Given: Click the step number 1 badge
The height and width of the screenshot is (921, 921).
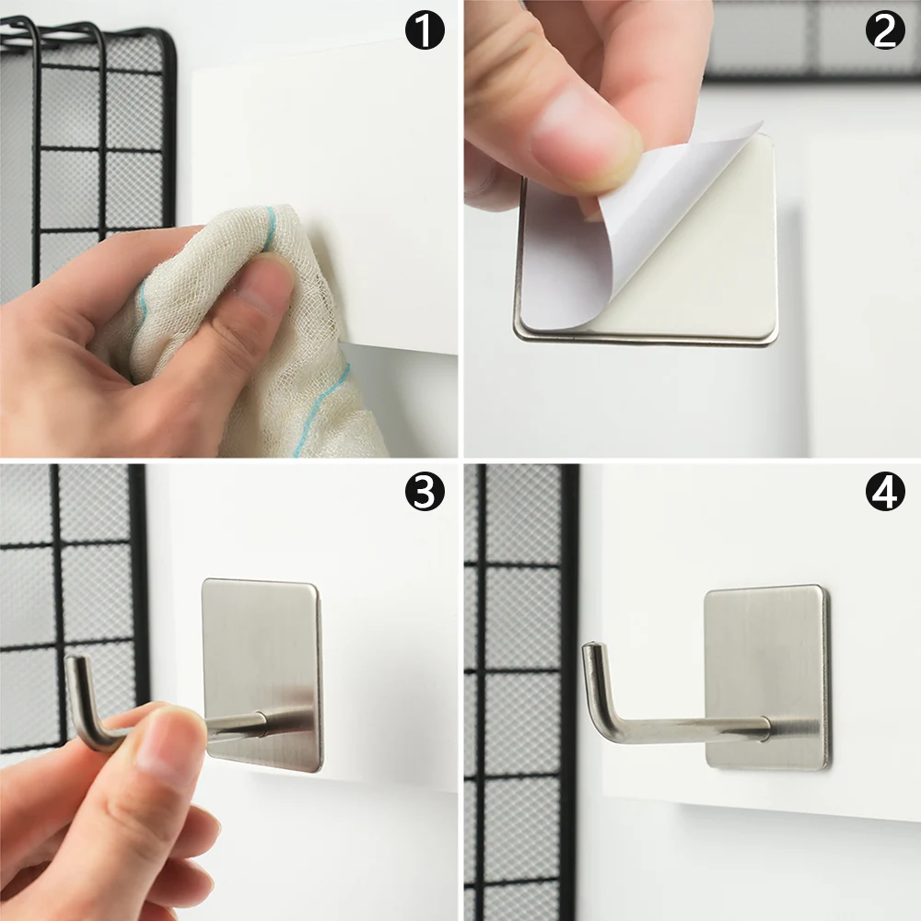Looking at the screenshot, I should [x=425, y=32].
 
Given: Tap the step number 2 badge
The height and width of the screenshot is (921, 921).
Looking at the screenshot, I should [x=885, y=32].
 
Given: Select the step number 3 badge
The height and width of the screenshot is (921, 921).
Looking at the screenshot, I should [x=425, y=494].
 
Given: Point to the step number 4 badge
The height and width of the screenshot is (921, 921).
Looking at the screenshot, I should [x=885, y=494].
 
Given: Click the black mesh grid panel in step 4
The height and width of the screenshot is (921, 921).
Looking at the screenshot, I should [x=520, y=691].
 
